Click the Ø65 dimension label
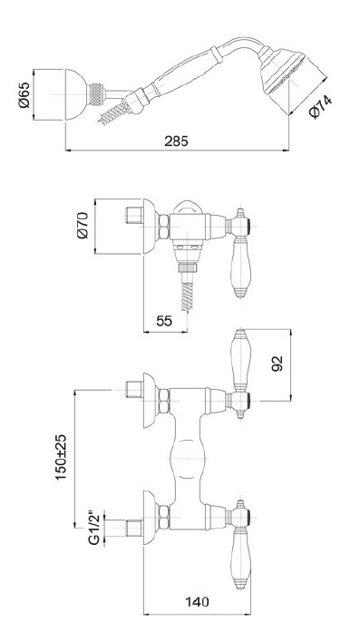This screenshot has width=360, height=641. (24, 95)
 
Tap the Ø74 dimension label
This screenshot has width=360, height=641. (320, 108)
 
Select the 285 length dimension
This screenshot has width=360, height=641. (176, 141)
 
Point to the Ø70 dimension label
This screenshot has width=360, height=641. (83, 226)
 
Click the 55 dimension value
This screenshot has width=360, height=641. (164, 321)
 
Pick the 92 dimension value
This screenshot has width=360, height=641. (277, 364)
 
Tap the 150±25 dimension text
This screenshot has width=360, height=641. (61, 458)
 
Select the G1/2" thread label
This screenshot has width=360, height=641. (93, 528)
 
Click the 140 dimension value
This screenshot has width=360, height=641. (197, 601)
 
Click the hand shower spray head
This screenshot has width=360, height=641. (281, 70)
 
